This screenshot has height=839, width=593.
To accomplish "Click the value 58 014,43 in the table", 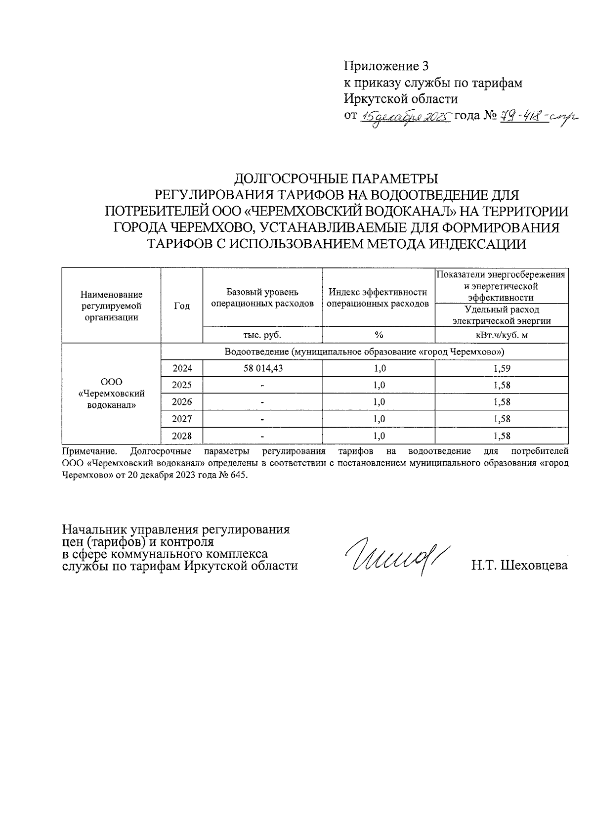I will (262, 368).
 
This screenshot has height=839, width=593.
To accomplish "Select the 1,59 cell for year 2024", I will (502, 368).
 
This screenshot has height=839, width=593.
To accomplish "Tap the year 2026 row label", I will (182, 402).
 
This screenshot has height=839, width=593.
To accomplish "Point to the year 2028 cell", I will (182, 436).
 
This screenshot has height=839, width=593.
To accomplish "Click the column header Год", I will (182, 306).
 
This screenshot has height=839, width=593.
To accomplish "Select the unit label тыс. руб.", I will (262, 335).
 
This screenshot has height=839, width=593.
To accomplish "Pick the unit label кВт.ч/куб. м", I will (502, 335).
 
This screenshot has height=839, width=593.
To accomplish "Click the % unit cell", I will (379, 335).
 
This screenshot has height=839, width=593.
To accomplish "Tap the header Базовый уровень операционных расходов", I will (262, 298).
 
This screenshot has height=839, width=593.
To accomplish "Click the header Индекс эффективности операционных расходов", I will (379, 298).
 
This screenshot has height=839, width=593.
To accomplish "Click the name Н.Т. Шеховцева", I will (519, 566).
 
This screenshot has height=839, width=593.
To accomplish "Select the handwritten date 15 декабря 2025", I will (406, 117).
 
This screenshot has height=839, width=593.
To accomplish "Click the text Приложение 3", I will (386, 66).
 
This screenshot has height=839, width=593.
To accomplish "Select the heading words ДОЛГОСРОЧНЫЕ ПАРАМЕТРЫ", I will (336, 177).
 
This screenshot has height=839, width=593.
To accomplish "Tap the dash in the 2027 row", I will (262, 419).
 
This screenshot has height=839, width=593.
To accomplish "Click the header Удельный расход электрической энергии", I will (502, 315).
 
